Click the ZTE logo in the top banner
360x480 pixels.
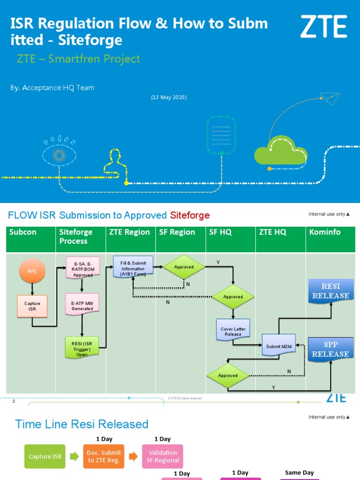(x=323, y=26)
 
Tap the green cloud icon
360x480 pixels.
(x=280, y=150)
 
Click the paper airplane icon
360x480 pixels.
(x=331, y=99)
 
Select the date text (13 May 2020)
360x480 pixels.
(x=169, y=97)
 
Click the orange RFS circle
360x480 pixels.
(x=31, y=271)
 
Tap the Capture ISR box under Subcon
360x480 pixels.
(x=32, y=306)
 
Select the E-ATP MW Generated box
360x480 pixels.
(x=82, y=306)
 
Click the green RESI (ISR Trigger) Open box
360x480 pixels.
(x=82, y=347)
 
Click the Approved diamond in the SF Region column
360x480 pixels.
(x=184, y=267)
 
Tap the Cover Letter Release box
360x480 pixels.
(x=233, y=331)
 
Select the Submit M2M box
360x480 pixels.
(x=280, y=347)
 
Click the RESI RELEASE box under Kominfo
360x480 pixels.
(x=330, y=291)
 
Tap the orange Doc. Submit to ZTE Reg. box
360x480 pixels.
(x=104, y=457)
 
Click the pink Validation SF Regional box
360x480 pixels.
(x=163, y=457)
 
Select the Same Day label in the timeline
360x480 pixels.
(x=299, y=472)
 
